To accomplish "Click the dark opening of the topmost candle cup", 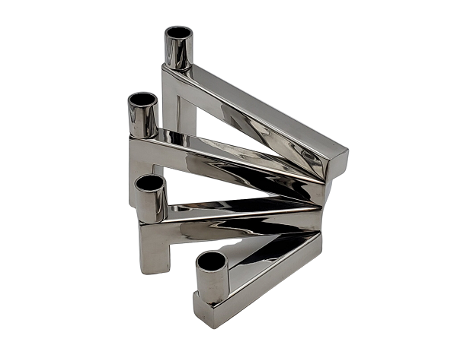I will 179,33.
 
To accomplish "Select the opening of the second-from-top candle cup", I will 142,100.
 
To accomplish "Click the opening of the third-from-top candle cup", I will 150,183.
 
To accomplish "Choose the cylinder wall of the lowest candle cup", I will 213,286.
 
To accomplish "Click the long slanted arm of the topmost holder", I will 259,114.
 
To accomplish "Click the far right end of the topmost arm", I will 337,163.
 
